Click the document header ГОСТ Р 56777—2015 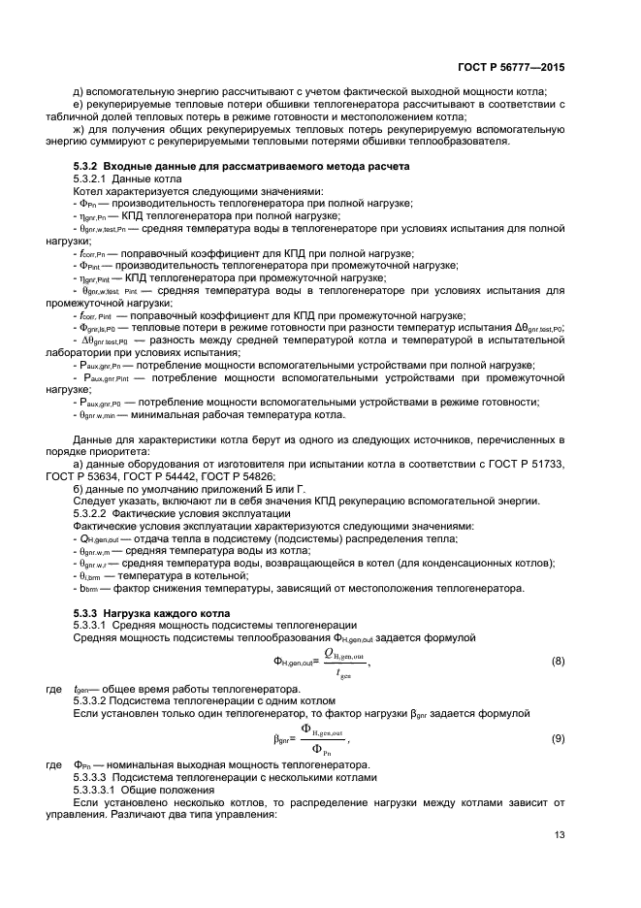(x=510, y=68)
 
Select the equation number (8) (x=558, y=662)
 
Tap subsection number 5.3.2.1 (x=90, y=179)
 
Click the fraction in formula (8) (x=342, y=662)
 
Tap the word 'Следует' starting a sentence (x=96, y=501)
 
